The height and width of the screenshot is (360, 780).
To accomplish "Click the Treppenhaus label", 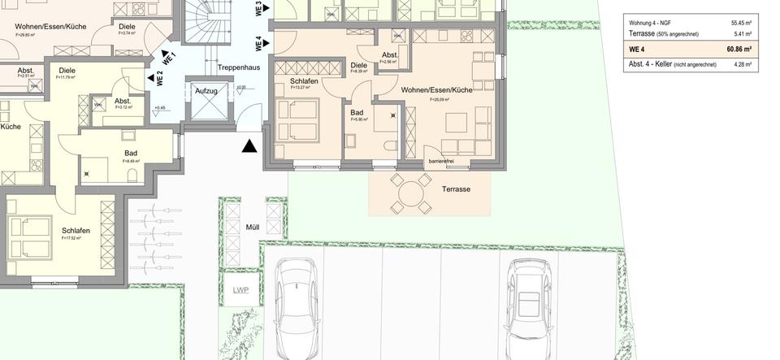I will (x=239, y=67).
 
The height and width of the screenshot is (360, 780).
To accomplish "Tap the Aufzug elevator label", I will (x=206, y=91).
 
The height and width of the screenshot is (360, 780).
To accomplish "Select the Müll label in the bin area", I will (x=253, y=228).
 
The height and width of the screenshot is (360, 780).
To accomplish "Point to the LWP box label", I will (x=240, y=290).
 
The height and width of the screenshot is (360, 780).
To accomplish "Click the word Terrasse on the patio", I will (x=456, y=189).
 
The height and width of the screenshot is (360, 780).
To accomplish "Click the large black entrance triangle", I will (x=250, y=146).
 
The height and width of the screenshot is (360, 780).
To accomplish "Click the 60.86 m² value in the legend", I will (x=739, y=50).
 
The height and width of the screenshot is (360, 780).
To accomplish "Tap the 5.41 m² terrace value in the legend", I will (x=742, y=34).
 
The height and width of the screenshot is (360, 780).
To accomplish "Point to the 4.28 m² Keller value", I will (x=742, y=64).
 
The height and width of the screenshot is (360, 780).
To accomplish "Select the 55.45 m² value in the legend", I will (x=740, y=23).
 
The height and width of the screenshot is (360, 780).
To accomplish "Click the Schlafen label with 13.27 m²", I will (x=303, y=81).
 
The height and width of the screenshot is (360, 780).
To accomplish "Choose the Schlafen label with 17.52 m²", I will (x=75, y=231).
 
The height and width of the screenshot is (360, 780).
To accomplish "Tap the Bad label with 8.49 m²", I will (x=131, y=153).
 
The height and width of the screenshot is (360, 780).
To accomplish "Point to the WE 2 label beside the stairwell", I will (x=160, y=79).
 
